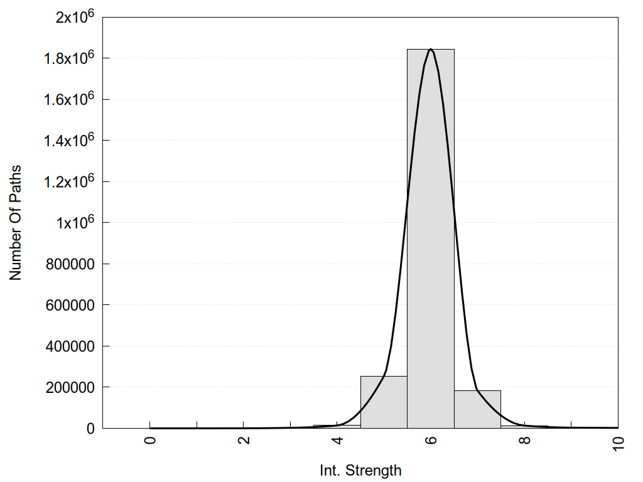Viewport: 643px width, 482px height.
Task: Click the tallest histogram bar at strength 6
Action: click(431, 238)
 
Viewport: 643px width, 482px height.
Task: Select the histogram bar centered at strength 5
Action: click(384, 402)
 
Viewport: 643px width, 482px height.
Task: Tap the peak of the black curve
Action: click(431, 49)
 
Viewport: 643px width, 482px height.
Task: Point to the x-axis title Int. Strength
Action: click(360, 469)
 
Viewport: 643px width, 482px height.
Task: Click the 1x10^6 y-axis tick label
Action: click(75, 222)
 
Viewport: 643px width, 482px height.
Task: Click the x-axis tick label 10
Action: click(618, 443)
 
